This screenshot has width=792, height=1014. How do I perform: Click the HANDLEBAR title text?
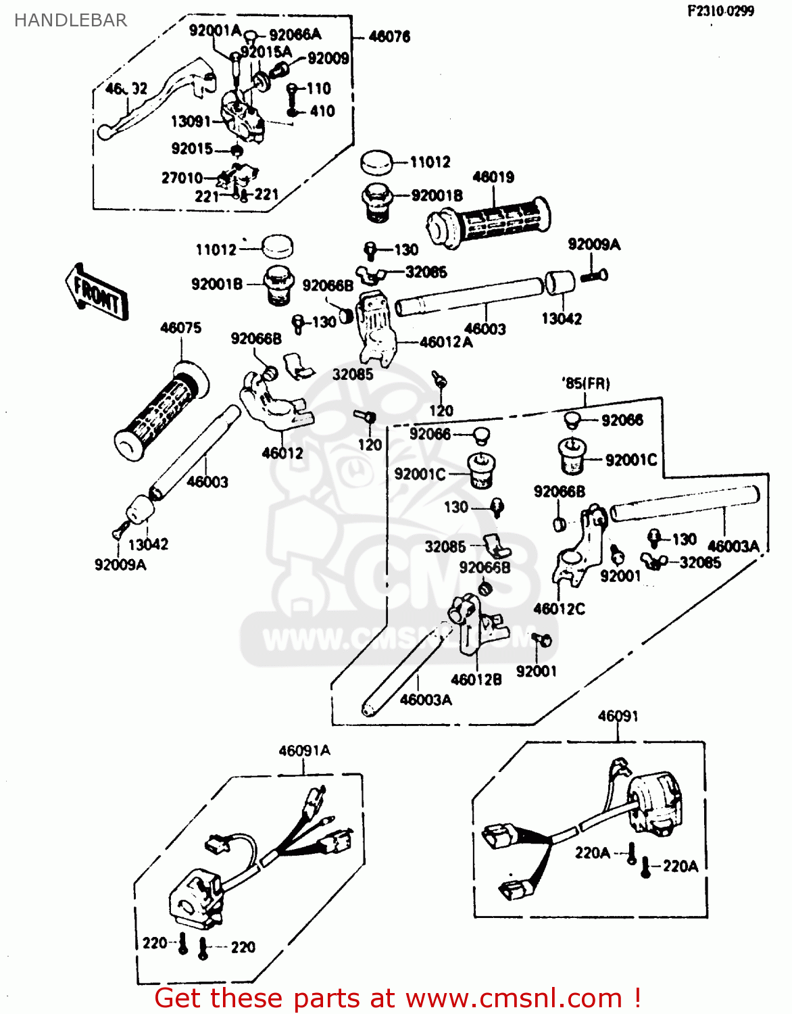coord(70,20)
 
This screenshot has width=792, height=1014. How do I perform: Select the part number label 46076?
coord(389,37)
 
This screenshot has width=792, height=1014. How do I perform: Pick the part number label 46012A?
coord(446,342)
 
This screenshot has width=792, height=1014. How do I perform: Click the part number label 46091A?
coord(304,750)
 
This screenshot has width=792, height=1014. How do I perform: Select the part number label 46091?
coord(618,716)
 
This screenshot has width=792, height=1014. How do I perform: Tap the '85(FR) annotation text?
coord(585,383)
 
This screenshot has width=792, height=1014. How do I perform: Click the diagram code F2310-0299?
coord(720,11)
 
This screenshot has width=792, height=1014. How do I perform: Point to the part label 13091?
coord(191,121)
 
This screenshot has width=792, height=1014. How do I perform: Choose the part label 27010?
coord(182,178)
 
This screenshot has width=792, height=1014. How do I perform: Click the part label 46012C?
coord(559,608)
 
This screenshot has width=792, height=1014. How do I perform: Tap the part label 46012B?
coord(476,680)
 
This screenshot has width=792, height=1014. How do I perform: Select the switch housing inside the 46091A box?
coord(197,900)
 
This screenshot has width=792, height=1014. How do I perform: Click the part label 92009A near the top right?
coord(593,245)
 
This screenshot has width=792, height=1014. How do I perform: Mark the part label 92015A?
coord(266,52)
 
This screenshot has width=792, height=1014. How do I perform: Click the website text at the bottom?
coord(397,998)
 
